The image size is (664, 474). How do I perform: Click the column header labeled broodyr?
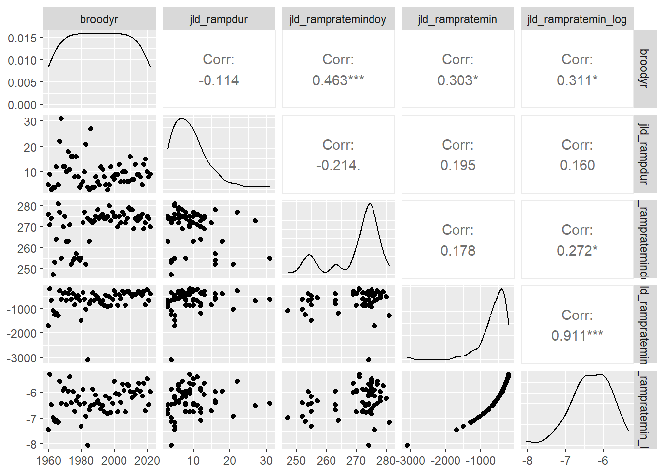pos(99,19)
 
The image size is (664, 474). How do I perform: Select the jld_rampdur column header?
pos(218,19)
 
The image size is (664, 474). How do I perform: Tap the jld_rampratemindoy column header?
pos(338,19)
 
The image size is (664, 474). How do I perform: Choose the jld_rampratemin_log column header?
pos(577,19)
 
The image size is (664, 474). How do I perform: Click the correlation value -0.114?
pos(218,80)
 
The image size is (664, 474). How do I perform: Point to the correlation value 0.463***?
pos(338,80)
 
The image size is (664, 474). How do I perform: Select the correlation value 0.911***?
pos(577,336)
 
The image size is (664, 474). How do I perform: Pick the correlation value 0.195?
pos(457,165)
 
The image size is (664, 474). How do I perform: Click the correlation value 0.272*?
pos(577,251)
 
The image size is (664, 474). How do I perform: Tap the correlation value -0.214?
pos(338,165)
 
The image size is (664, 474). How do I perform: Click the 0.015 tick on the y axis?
pos(22,38)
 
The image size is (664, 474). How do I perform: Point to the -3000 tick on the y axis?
pos(21,358)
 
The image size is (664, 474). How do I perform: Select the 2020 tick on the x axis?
pos(147,461)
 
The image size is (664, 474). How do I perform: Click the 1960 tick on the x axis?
pos(48,461)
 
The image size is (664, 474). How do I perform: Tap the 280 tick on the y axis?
pos(27,207)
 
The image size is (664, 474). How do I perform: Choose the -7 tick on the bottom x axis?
pos(565,461)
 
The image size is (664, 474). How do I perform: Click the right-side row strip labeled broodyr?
pos(643,68)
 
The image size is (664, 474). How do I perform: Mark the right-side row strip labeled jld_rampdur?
pos(643,154)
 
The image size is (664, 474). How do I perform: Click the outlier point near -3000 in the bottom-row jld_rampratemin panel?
pos(407,445)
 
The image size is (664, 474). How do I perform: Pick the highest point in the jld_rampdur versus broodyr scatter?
pos(61,118)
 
